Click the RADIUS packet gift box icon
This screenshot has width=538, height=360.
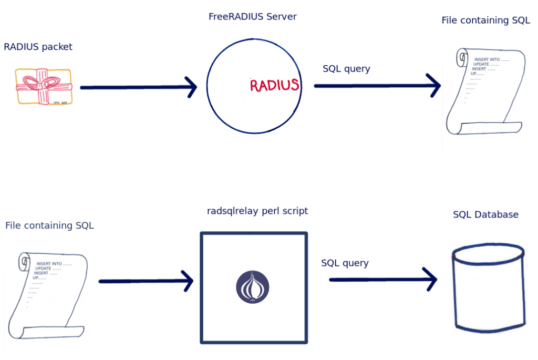44,87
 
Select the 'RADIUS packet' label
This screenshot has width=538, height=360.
38,47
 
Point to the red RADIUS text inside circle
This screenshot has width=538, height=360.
274,85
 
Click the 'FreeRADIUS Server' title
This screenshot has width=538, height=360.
252,17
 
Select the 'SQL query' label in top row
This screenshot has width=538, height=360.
346,69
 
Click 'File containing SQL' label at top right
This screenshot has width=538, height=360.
485,21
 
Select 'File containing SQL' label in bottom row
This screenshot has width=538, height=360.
49,225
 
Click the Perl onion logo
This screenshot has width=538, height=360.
252,287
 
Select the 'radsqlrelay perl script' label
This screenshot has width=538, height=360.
257,211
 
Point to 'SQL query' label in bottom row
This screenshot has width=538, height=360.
345,263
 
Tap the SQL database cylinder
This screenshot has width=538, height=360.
488,286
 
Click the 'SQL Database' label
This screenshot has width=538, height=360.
485,214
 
